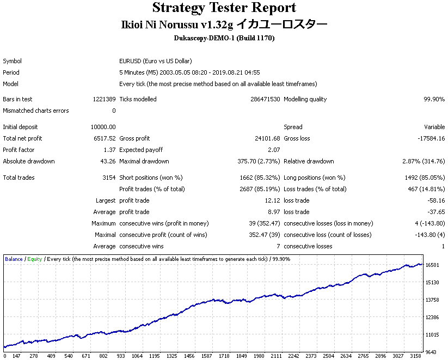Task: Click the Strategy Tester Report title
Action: pos(224,8)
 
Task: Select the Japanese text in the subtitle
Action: pos(282,25)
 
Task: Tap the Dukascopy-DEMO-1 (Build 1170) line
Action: pos(224,38)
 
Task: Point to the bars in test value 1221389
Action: pos(105,99)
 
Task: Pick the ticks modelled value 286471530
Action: pos(265,99)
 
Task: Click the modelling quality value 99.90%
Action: pos(434,99)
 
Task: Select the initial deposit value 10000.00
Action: pos(103,127)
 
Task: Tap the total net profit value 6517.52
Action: pos(105,138)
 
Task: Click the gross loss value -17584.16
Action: pos(431,138)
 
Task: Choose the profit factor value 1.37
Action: pos(110,150)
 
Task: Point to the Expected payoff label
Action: pos(141,150)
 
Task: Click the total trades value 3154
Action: pos(109,178)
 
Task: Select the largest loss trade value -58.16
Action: pos(436,200)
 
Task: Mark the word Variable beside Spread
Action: pos(434,127)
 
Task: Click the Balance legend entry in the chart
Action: pos(14,259)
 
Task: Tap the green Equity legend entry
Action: pos(35,259)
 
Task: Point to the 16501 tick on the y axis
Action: pos(432,265)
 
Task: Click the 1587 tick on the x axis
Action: pos(206,356)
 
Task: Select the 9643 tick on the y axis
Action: pos(431,352)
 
